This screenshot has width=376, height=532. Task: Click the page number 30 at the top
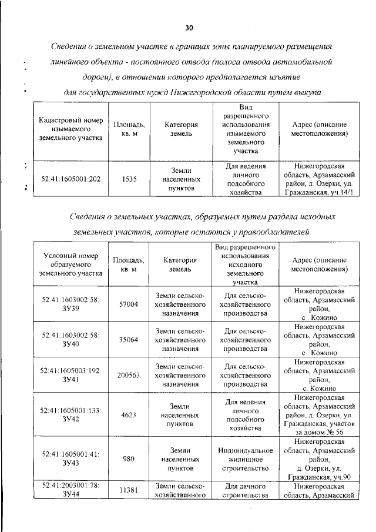coord(189,28)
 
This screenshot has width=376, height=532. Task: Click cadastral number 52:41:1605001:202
coord(71,180)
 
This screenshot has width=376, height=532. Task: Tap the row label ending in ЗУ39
coord(71,305)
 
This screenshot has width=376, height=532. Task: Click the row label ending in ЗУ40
coord(71,340)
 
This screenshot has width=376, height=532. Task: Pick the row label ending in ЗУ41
coord(71,375)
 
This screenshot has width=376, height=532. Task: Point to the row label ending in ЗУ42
coord(71,414)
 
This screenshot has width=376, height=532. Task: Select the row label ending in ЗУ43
coord(71,459)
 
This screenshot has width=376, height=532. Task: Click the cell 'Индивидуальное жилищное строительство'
coord(246,459)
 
